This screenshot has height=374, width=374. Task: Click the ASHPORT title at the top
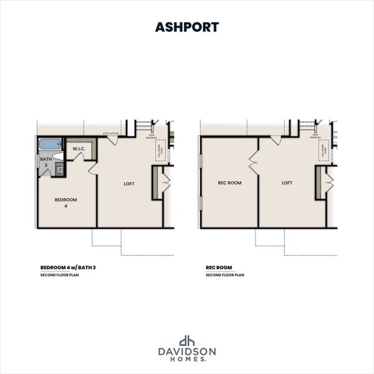(x=186, y=27)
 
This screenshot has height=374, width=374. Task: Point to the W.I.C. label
(x=79, y=149)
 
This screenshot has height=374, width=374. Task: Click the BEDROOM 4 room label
(x=65, y=203)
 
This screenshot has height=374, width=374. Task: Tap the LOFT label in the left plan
(x=129, y=184)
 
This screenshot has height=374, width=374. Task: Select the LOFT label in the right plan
(x=287, y=183)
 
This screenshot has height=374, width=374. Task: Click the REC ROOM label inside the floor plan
(x=229, y=183)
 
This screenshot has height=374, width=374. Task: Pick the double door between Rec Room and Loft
(x=254, y=163)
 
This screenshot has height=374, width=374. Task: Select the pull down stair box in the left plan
(x=160, y=151)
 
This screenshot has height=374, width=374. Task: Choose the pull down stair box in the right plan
(x=324, y=151)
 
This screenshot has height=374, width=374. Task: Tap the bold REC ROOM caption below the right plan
(x=216, y=268)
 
